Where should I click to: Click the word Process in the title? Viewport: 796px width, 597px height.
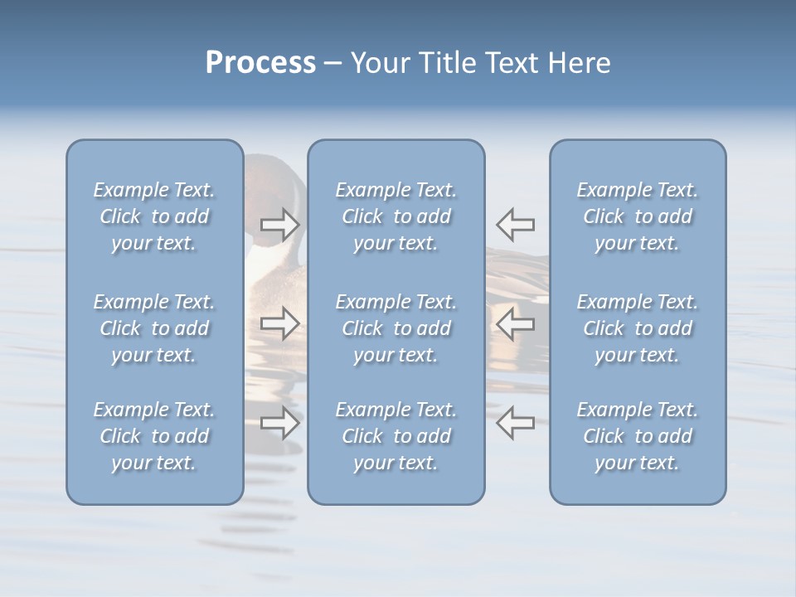[260, 63]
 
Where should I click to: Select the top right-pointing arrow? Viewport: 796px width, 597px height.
[280, 224]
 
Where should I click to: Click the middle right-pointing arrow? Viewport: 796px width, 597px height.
[280, 323]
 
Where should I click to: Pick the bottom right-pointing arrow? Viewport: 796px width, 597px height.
[280, 423]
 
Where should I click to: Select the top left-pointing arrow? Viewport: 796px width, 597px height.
[515, 224]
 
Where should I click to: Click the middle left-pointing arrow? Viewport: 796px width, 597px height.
[515, 323]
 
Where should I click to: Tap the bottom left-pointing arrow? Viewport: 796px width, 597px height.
[515, 423]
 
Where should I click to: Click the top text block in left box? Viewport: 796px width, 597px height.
[154, 216]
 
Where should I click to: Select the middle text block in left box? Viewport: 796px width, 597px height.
[154, 328]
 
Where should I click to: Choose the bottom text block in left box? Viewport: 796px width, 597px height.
[154, 436]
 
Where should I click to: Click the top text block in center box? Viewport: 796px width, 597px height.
[396, 216]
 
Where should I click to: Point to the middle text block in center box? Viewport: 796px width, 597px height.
[396, 328]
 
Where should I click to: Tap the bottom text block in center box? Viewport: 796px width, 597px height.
[396, 436]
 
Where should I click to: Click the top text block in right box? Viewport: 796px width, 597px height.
[637, 216]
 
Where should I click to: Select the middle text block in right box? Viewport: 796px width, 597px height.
[637, 328]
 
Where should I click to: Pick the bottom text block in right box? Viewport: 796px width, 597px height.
[637, 436]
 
